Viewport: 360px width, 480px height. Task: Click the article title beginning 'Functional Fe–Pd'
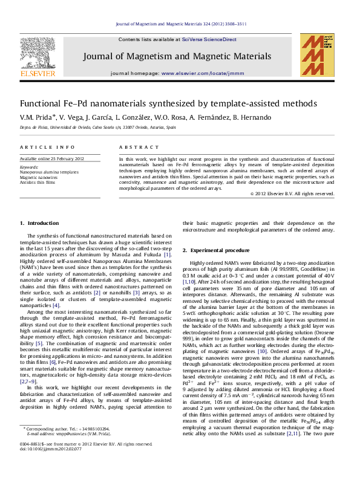pyautogui.click(x=168, y=103)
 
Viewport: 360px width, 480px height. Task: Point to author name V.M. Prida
pyautogui.click(x=37, y=117)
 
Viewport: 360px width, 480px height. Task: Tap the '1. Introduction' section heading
pyautogui.click(x=41, y=223)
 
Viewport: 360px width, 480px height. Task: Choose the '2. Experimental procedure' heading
pyautogui.click(x=215, y=250)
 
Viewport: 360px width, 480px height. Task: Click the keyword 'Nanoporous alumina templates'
pyautogui.click(x=49, y=172)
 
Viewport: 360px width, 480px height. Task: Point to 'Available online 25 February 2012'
pyautogui.click(x=52, y=158)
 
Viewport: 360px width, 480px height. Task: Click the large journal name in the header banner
pyautogui.click(x=176, y=56)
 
